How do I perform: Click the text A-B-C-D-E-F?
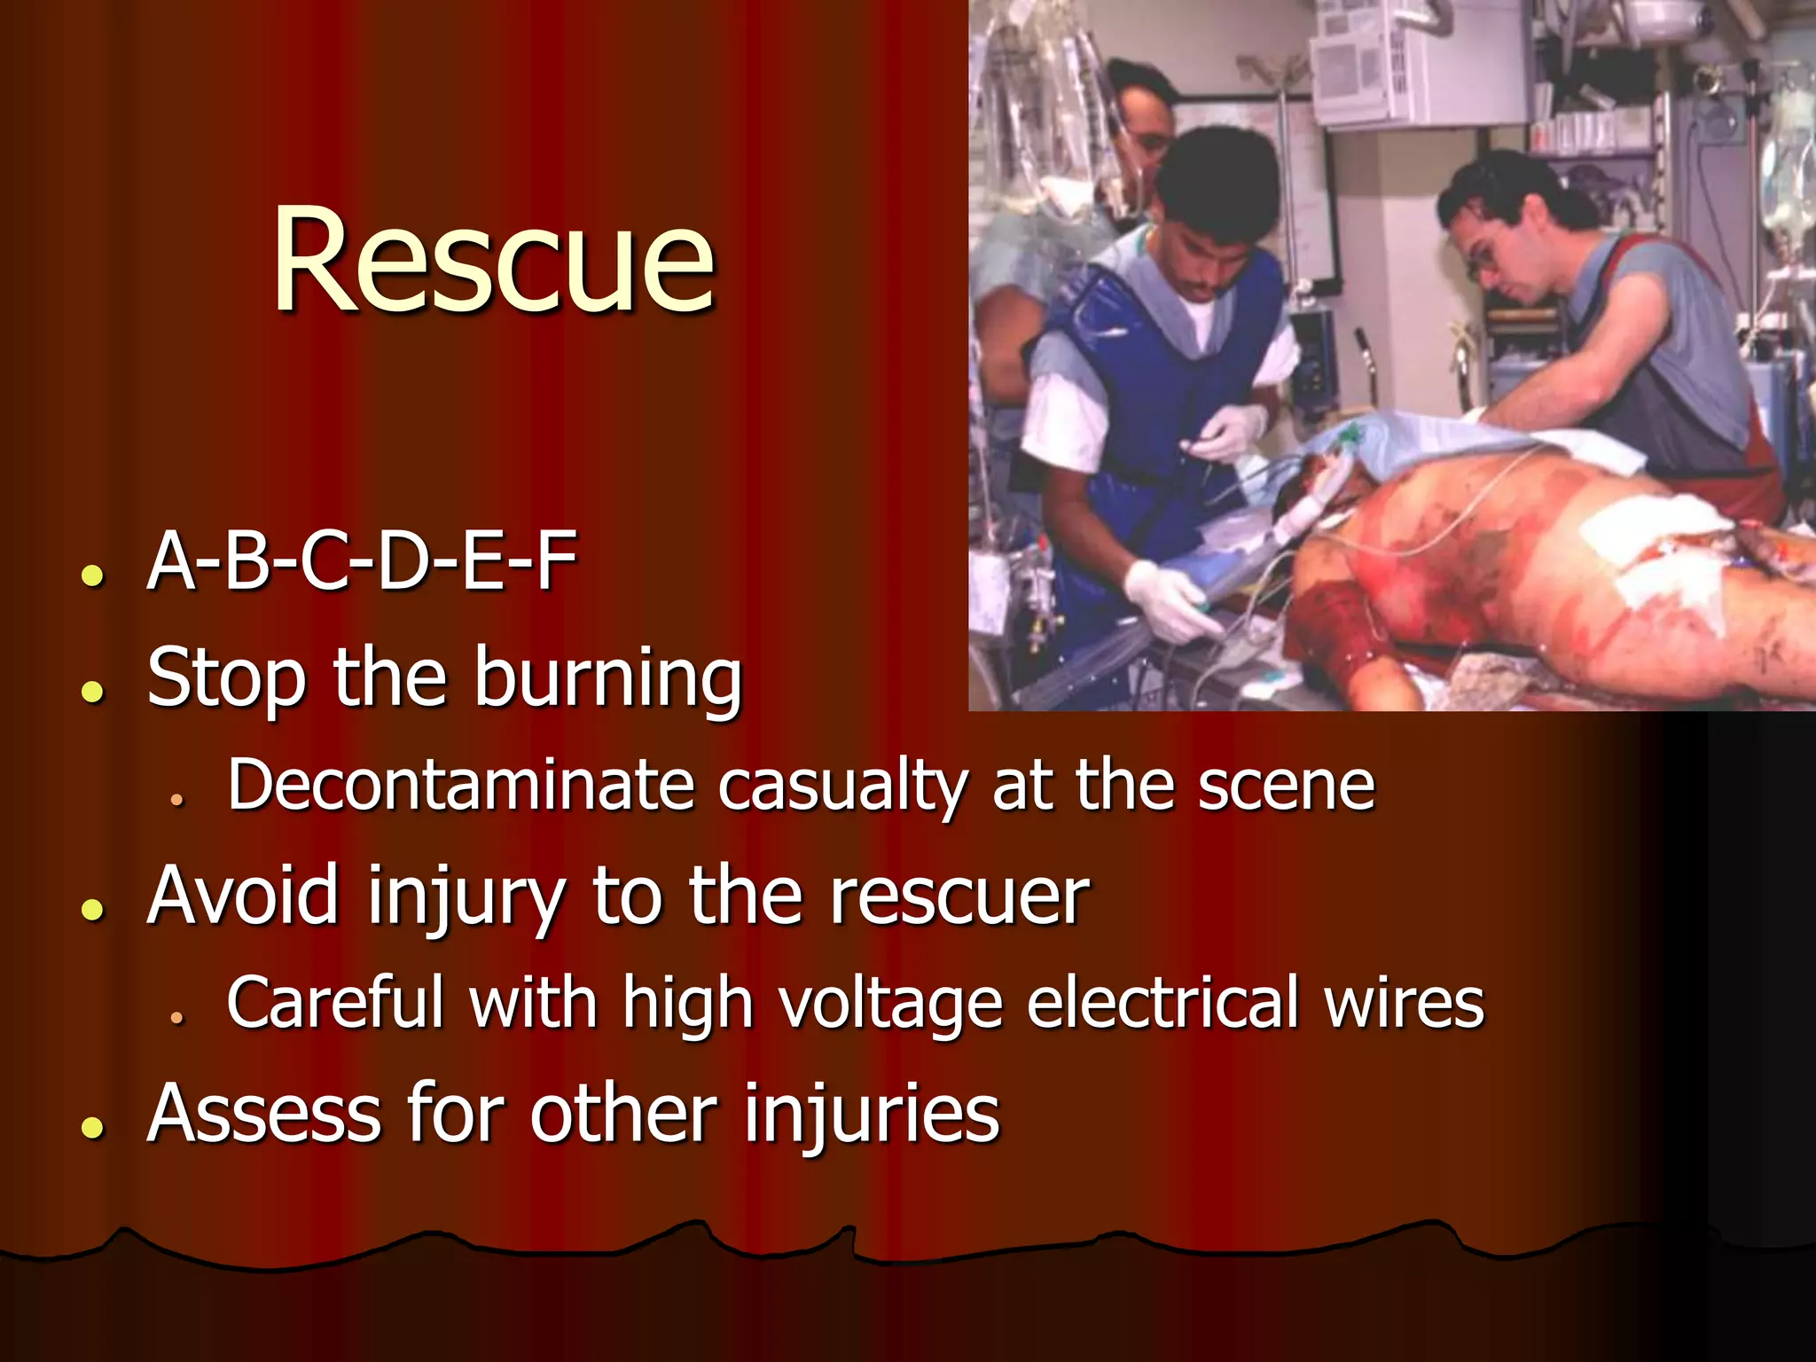(362, 560)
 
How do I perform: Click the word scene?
(1286, 787)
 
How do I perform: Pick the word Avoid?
(243, 895)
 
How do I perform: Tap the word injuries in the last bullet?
(872, 1115)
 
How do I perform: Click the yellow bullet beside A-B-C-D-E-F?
(91, 575)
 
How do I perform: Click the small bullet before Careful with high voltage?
(177, 1017)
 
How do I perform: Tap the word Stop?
(226, 679)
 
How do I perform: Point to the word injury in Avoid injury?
(465, 897)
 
